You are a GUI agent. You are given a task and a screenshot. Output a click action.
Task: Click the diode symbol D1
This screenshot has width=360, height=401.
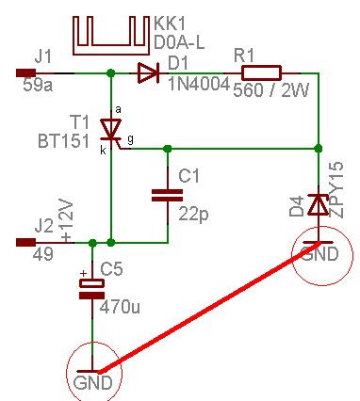(148, 72)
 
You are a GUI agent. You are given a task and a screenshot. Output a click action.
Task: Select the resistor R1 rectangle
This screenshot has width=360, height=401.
(261, 72)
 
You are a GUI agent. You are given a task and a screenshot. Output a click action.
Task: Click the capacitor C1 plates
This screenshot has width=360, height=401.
(167, 195)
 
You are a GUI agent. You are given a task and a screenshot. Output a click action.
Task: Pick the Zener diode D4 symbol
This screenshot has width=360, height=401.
(319, 204)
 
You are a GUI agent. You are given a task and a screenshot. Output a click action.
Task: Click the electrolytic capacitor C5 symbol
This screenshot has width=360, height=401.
(91, 289)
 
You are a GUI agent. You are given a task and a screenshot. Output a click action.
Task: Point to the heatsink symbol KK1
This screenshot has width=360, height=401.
(111, 36)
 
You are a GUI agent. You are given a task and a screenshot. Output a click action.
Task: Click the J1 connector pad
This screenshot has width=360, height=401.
(25, 72)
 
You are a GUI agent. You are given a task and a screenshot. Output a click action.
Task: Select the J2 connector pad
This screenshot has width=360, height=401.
(25, 243)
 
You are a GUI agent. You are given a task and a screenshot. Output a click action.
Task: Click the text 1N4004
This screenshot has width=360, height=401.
(199, 84)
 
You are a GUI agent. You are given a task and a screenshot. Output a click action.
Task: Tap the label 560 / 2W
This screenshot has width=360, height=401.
(271, 90)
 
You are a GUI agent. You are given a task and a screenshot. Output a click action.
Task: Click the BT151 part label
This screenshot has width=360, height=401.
(64, 141)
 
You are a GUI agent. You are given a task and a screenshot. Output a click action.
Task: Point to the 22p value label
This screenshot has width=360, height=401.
(193, 215)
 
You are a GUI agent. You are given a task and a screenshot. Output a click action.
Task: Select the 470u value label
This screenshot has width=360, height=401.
(120, 308)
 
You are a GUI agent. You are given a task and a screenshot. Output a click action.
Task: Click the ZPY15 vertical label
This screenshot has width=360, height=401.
(336, 190)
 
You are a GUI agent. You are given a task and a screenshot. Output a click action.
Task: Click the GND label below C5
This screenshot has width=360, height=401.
(92, 382)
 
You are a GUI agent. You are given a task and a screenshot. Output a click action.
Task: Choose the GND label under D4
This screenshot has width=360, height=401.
(319, 253)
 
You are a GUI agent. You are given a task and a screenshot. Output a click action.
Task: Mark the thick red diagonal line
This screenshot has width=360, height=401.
(209, 308)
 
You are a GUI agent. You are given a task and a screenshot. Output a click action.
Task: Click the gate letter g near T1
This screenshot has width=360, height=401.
(131, 138)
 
